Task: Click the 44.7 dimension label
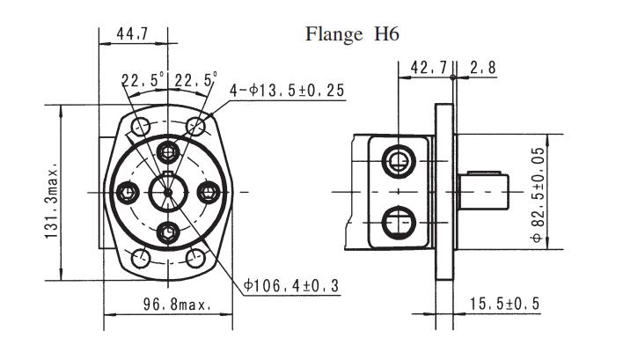tap(131, 34)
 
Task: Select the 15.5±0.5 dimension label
tap(504, 305)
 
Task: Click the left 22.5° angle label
tap(143, 81)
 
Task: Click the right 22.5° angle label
tap(195, 81)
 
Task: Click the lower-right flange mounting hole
tap(197, 259)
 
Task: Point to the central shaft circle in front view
tap(168, 191)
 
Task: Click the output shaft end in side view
tap(487, 190)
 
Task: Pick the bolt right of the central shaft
tap(209, 191)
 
